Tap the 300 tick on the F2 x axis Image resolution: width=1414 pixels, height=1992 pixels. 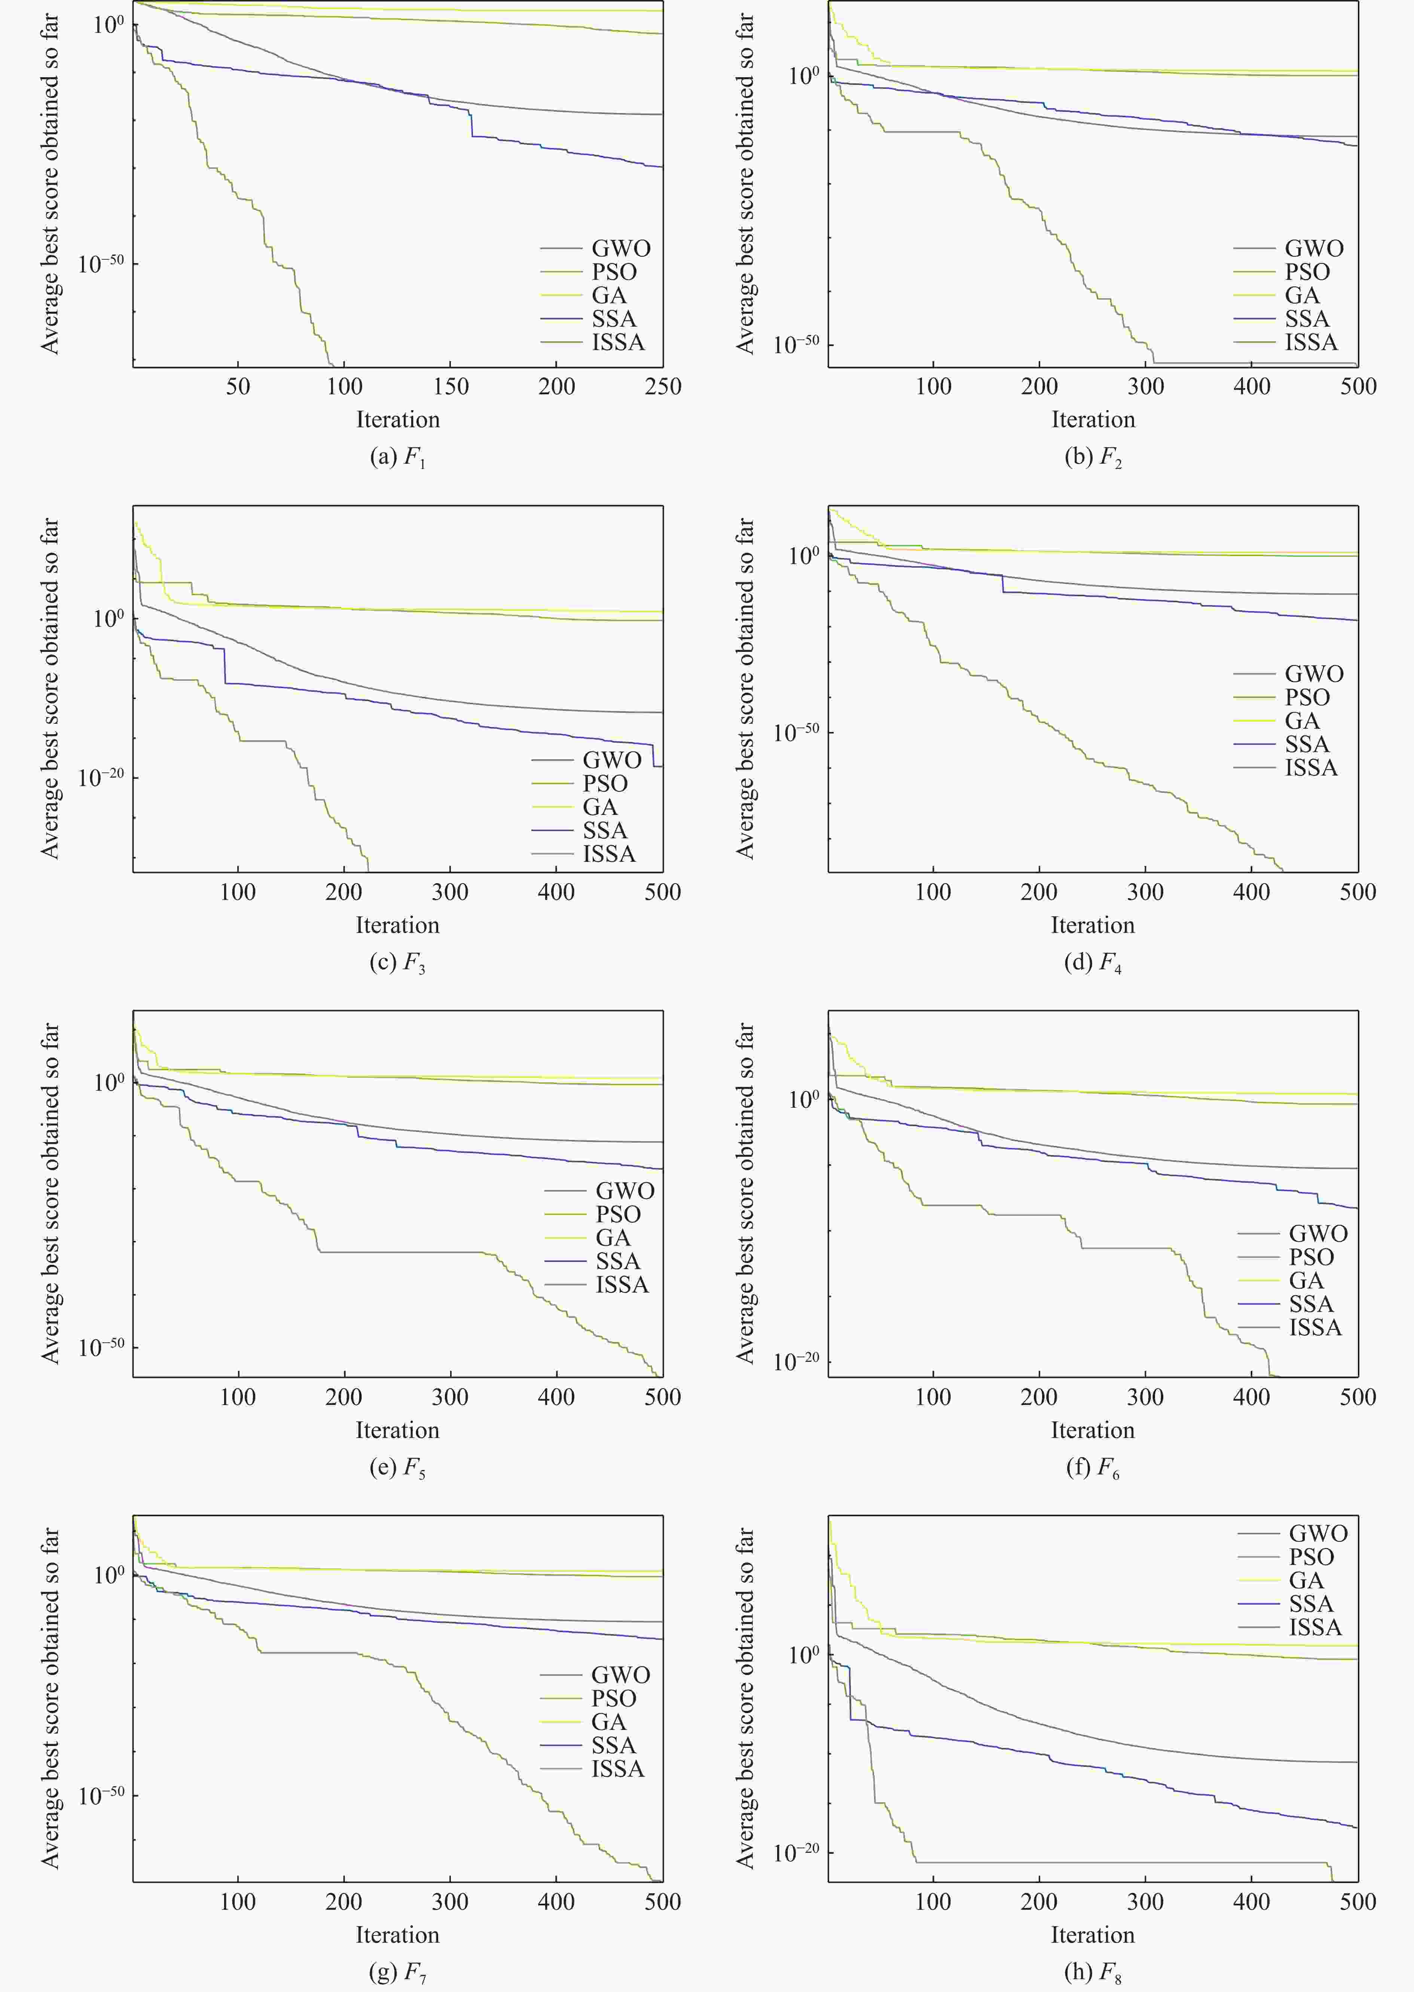coord(1145,387)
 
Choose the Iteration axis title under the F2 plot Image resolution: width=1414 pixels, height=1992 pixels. coord(1093,420)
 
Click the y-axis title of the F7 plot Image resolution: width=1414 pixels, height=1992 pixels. coord(51,1698)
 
